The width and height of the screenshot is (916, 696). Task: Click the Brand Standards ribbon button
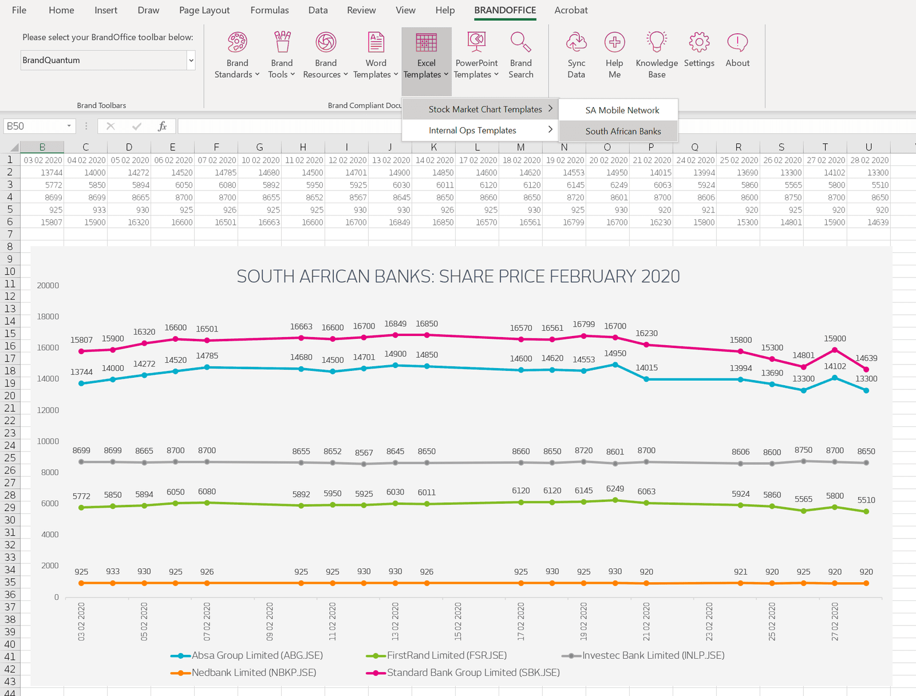(x=237, y=55)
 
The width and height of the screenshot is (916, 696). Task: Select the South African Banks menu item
(x=622, y=131)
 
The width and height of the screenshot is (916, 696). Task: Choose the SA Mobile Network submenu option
(x=622, y=110)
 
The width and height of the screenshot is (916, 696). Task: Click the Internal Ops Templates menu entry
(x=472, y=130)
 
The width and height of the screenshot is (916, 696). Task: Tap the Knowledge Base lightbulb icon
(x=656, y=43)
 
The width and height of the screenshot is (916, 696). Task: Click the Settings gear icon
(x=698, y=43)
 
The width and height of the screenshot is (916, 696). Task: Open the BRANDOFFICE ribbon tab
(x=505, y=10)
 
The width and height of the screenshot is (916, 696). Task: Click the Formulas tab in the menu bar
(x=269, y=10)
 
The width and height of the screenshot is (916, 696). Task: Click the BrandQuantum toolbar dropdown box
(x=108, y=60)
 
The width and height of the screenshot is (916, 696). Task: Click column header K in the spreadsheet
(x=433, y=147)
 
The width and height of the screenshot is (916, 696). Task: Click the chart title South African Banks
(x=457, y=276)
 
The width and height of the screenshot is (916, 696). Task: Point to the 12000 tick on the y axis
(x=48, y=410)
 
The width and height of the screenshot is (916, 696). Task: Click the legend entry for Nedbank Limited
(x=254, y=673)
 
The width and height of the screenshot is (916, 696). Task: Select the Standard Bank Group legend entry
(x=473, y=673)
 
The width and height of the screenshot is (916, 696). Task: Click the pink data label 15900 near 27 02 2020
(x=834, y=339)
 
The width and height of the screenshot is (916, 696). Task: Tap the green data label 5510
(x=866, y=500)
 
